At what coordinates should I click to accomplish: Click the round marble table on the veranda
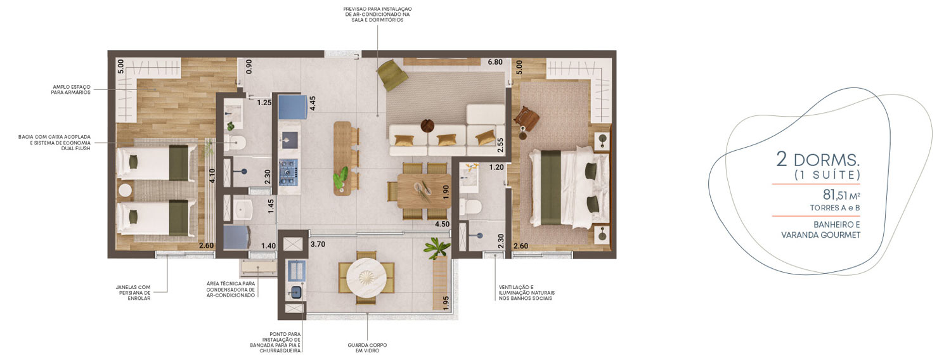(366, 278)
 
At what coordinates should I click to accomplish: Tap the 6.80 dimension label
(495, 62)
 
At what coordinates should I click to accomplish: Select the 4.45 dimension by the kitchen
(313, 103)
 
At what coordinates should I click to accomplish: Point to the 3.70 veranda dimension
(318, 244)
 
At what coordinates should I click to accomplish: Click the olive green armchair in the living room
(392, 75)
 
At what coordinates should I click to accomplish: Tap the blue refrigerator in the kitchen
(292, 107)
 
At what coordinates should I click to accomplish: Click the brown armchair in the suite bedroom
(526, 117)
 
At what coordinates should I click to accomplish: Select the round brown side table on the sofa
(427, 126)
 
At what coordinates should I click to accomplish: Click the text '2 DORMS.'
(818, 160)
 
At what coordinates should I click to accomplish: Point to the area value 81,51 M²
(841, 195)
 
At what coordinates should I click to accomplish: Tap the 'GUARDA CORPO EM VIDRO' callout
(367, 348)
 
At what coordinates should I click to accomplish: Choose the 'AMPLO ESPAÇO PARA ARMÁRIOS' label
(71, 89)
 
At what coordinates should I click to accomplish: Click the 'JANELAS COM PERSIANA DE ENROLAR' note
(133, 293)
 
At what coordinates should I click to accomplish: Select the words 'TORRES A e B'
(835, 208)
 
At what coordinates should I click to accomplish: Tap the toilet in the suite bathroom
(470, 207)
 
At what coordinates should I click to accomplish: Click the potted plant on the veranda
(436, 247)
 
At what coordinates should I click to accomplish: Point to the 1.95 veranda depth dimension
(446, 303)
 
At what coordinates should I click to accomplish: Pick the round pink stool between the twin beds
(126, 191)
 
